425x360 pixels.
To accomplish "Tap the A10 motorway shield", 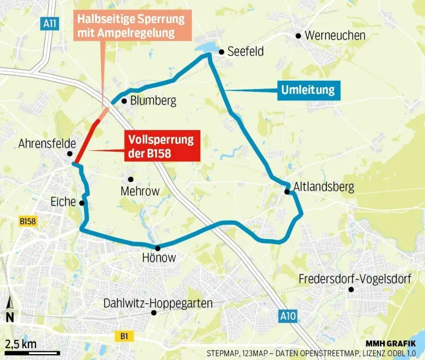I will click(x=286, y=317).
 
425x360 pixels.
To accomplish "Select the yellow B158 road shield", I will click(x=28, y=221).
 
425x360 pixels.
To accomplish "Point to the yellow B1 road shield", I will click(x=125, y=336).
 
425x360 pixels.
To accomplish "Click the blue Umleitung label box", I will click(x=308, y=90).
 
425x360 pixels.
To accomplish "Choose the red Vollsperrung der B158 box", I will click(x=161, y=147).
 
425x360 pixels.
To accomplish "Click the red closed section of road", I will click(x=86, y=142).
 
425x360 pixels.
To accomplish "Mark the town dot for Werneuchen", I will click(x=299, y=36).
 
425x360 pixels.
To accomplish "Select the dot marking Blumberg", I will click(x=124, y=101).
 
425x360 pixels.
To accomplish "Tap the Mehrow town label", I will click(x=140, y=191).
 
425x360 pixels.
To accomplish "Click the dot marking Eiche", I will click(x=82, y=203).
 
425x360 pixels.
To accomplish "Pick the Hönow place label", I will click(x=159, y=258).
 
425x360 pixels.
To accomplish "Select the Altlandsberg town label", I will click(x=322, y=187).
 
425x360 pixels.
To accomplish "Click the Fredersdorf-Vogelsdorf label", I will click(x=355, y=279).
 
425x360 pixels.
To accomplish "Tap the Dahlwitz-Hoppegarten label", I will click(x=158, y=303).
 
